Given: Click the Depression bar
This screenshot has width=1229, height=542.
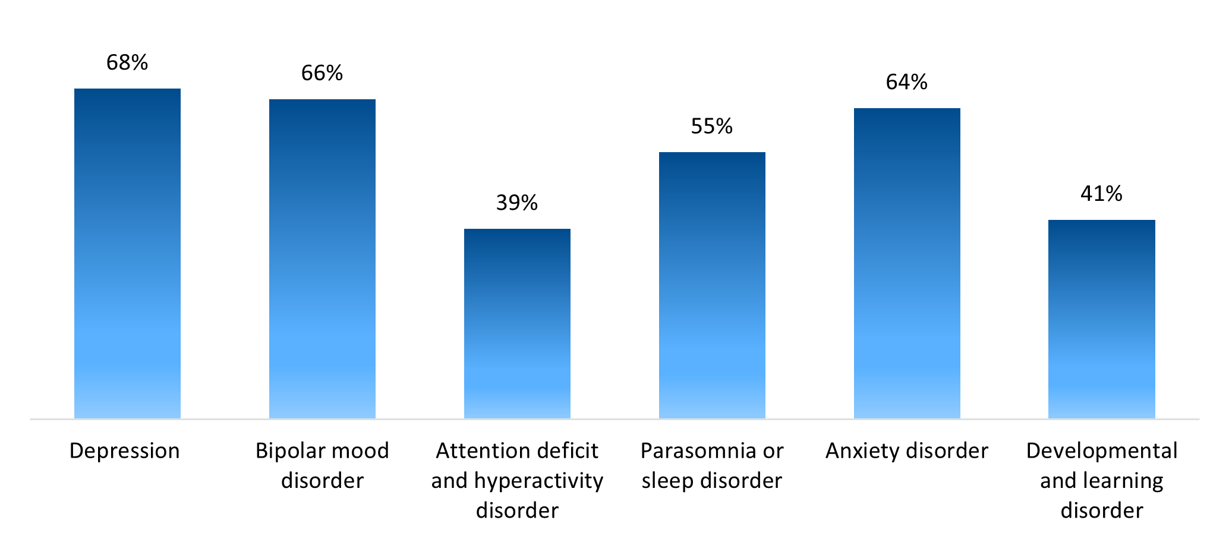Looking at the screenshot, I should click(x=127, y=254).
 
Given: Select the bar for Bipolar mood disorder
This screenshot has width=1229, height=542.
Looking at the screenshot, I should click(x=322, y=259).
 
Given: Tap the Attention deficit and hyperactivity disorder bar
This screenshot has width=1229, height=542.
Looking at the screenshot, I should click(x=517, y=324).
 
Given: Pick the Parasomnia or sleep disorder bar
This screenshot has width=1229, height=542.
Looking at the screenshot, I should click(x=712, y=285).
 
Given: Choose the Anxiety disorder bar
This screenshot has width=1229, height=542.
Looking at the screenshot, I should click(x=907, y=263).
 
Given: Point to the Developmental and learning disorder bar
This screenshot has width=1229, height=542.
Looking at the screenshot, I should click(x=1101, y=319).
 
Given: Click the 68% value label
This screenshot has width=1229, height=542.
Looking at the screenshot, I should click(x=127, y=62).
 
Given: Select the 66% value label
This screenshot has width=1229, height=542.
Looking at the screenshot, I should click(x=322, y=73).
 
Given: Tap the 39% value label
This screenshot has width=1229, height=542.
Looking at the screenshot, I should click(x=517, y=203).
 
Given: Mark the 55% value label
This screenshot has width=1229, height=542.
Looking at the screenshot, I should click(x=712, y=127).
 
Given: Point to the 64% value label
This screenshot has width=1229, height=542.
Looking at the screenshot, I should click(x=907, y=83).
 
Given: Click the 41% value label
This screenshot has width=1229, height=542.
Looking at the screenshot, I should click(x=1101, y=194).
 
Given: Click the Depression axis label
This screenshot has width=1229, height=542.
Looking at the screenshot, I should click(x=125, y=451).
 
